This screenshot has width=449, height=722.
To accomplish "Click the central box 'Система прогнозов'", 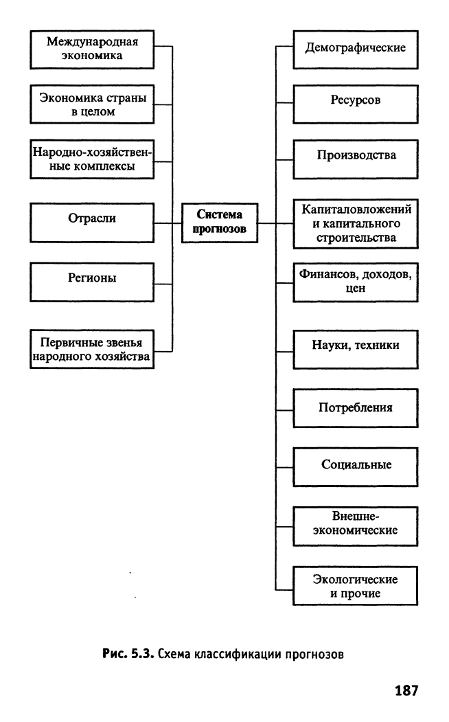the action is (220, 223).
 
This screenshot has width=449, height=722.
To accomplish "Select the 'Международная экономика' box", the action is (92, 49).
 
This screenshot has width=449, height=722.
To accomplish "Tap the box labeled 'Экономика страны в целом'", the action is (92, 104).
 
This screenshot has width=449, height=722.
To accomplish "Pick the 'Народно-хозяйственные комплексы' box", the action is (92, 159).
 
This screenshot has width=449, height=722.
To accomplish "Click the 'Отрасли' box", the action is (92, 223).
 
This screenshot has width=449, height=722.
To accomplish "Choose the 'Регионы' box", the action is (92, 282).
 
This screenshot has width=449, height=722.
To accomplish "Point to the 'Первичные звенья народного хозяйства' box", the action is (92, 349).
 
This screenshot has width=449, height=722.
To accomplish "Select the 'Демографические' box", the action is (356, 49).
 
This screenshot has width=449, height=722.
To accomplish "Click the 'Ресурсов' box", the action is (356, 104).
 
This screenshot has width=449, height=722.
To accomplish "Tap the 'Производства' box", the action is (356, 159).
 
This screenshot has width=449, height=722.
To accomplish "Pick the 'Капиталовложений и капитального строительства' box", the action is (356, 224).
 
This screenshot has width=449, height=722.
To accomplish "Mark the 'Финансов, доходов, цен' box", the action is (356, 282).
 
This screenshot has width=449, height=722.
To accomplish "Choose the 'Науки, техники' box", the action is (356, 350).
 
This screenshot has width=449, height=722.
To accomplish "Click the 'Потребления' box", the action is (356, 408).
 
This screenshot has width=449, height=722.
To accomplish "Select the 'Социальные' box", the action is (356, 467).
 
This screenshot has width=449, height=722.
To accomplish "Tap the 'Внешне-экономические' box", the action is (356, 526).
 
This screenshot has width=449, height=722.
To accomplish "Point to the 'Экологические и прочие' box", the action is (356, 586).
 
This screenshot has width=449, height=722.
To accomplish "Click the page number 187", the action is (406, 690).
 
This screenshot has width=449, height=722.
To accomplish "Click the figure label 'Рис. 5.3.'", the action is (128, 654).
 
